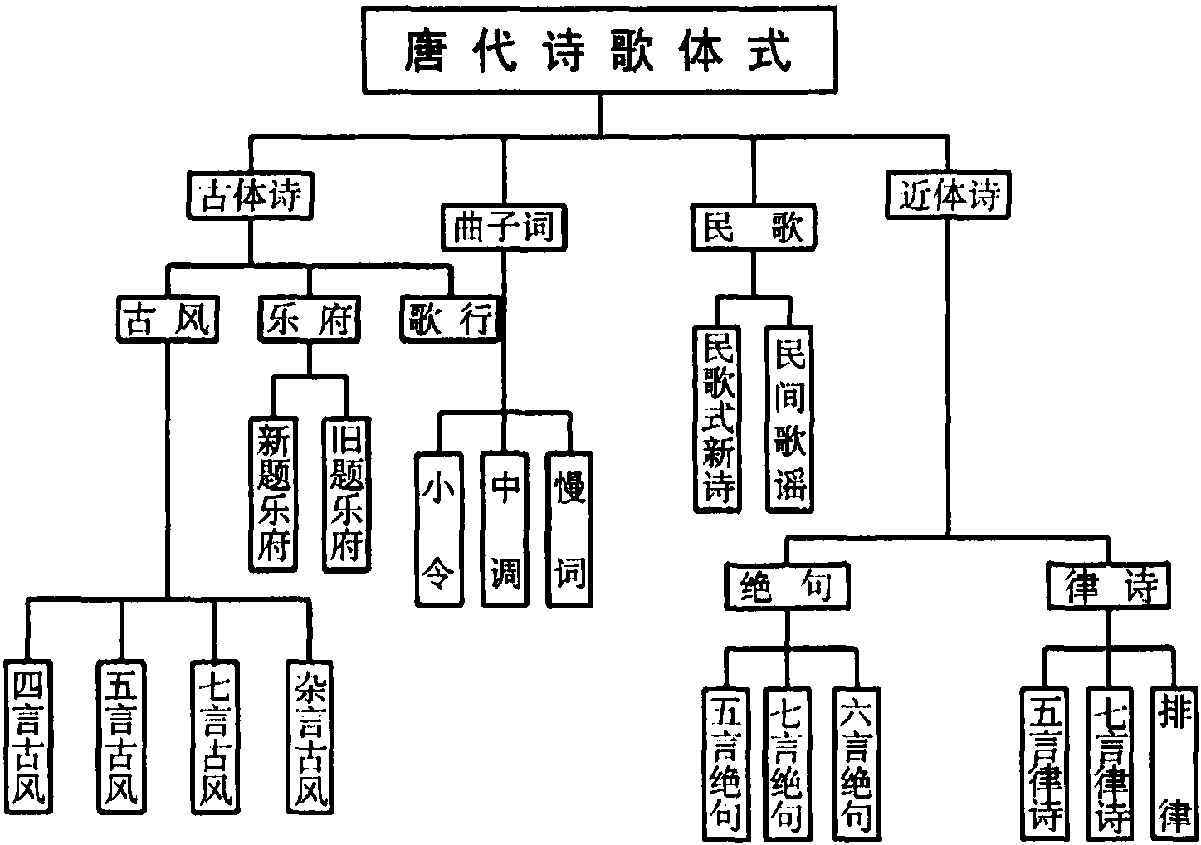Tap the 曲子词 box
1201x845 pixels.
pyautogui.click(x=503, y=227)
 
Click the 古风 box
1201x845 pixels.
pyautogui.click(x=167, y=320)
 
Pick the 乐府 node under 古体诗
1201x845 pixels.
pyautogui.click(x=309, y=320)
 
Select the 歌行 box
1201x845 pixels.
pyautogui.click(x=452, y=320)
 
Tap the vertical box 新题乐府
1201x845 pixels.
pyautogui.click(x=273, y=493)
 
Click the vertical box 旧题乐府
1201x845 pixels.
pyautogui.click(x=346, y=493)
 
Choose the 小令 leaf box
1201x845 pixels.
pyautogui.click(x=437, y=529)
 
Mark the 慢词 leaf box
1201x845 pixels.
pyautogui.click(x=569, y=529)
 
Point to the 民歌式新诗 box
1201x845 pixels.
pyautogui.click(x=717, y=419)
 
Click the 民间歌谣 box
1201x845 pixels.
pyautogui.click(x=788, y=419)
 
